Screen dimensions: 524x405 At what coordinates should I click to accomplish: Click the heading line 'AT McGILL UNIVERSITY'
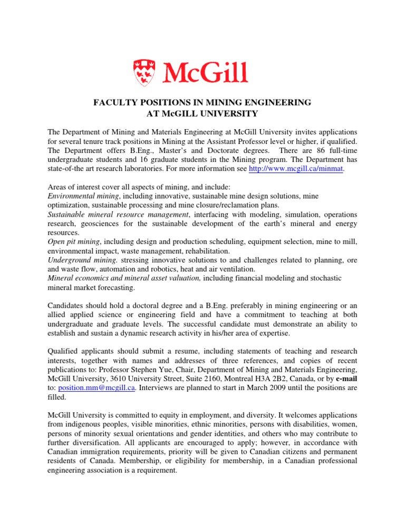point(202,113)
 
